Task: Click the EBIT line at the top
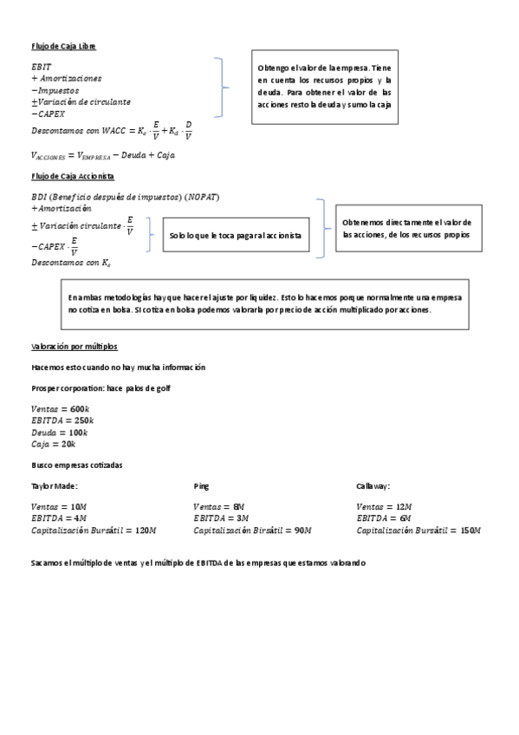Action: pyautogui.click(x=41, y=66)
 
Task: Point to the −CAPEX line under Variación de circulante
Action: pyautogui.click(x=48, y=114)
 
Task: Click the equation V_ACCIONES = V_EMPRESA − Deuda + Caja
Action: pyautogui.click(x=102, y=155)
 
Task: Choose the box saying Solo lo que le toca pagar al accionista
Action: pyautogui.click(x=236, y=235)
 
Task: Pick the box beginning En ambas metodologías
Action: pyautogui.click(x=264, y=303)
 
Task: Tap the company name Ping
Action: pyautogui.click(x=201, y=486)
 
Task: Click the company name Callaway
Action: pyautogui.click(x=373, y=486)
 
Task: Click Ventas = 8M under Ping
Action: pyautogui.click(x=218, y=506)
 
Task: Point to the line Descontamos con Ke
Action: pyautogui.click(x=71, y=262)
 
